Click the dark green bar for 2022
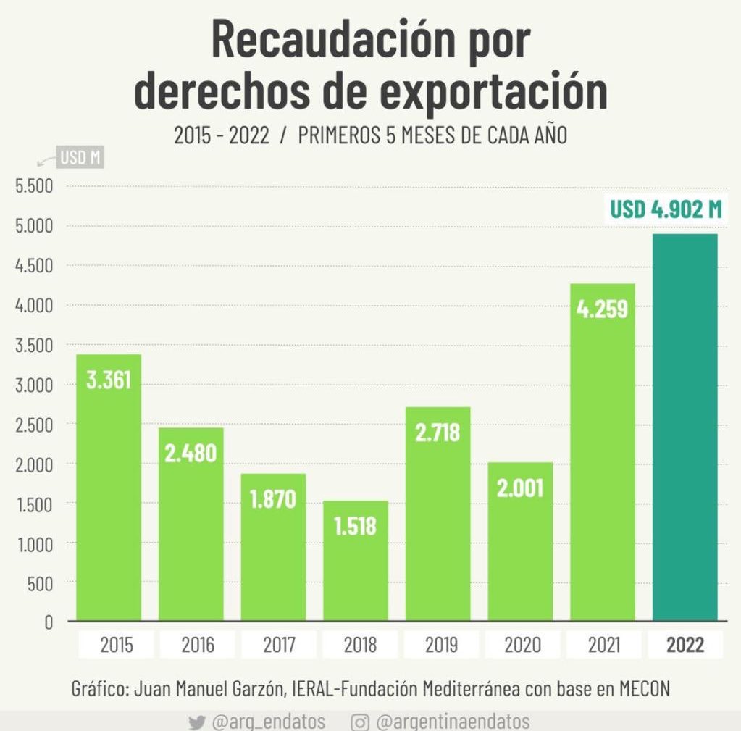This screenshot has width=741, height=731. pyautogui.click(x=685, y=427)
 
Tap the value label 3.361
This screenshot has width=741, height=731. pyautogui.click(x=109, y=380)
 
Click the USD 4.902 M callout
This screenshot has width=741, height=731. pyautogui.click(x=666, y=209)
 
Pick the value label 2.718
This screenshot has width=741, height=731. pyautogui.click(x=438, y=433)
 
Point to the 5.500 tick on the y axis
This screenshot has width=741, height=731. pyautogui.click(x=34, y=186)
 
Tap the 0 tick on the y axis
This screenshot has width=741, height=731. pyautogui.click(x=49, y=622)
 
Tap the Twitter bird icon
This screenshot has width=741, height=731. pyautogui.click(x=196, y=722)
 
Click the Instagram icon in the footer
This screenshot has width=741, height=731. pyautogui.click(x=360, y=722)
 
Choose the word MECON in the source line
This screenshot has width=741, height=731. pyautogui.click(x=644, y=688)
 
